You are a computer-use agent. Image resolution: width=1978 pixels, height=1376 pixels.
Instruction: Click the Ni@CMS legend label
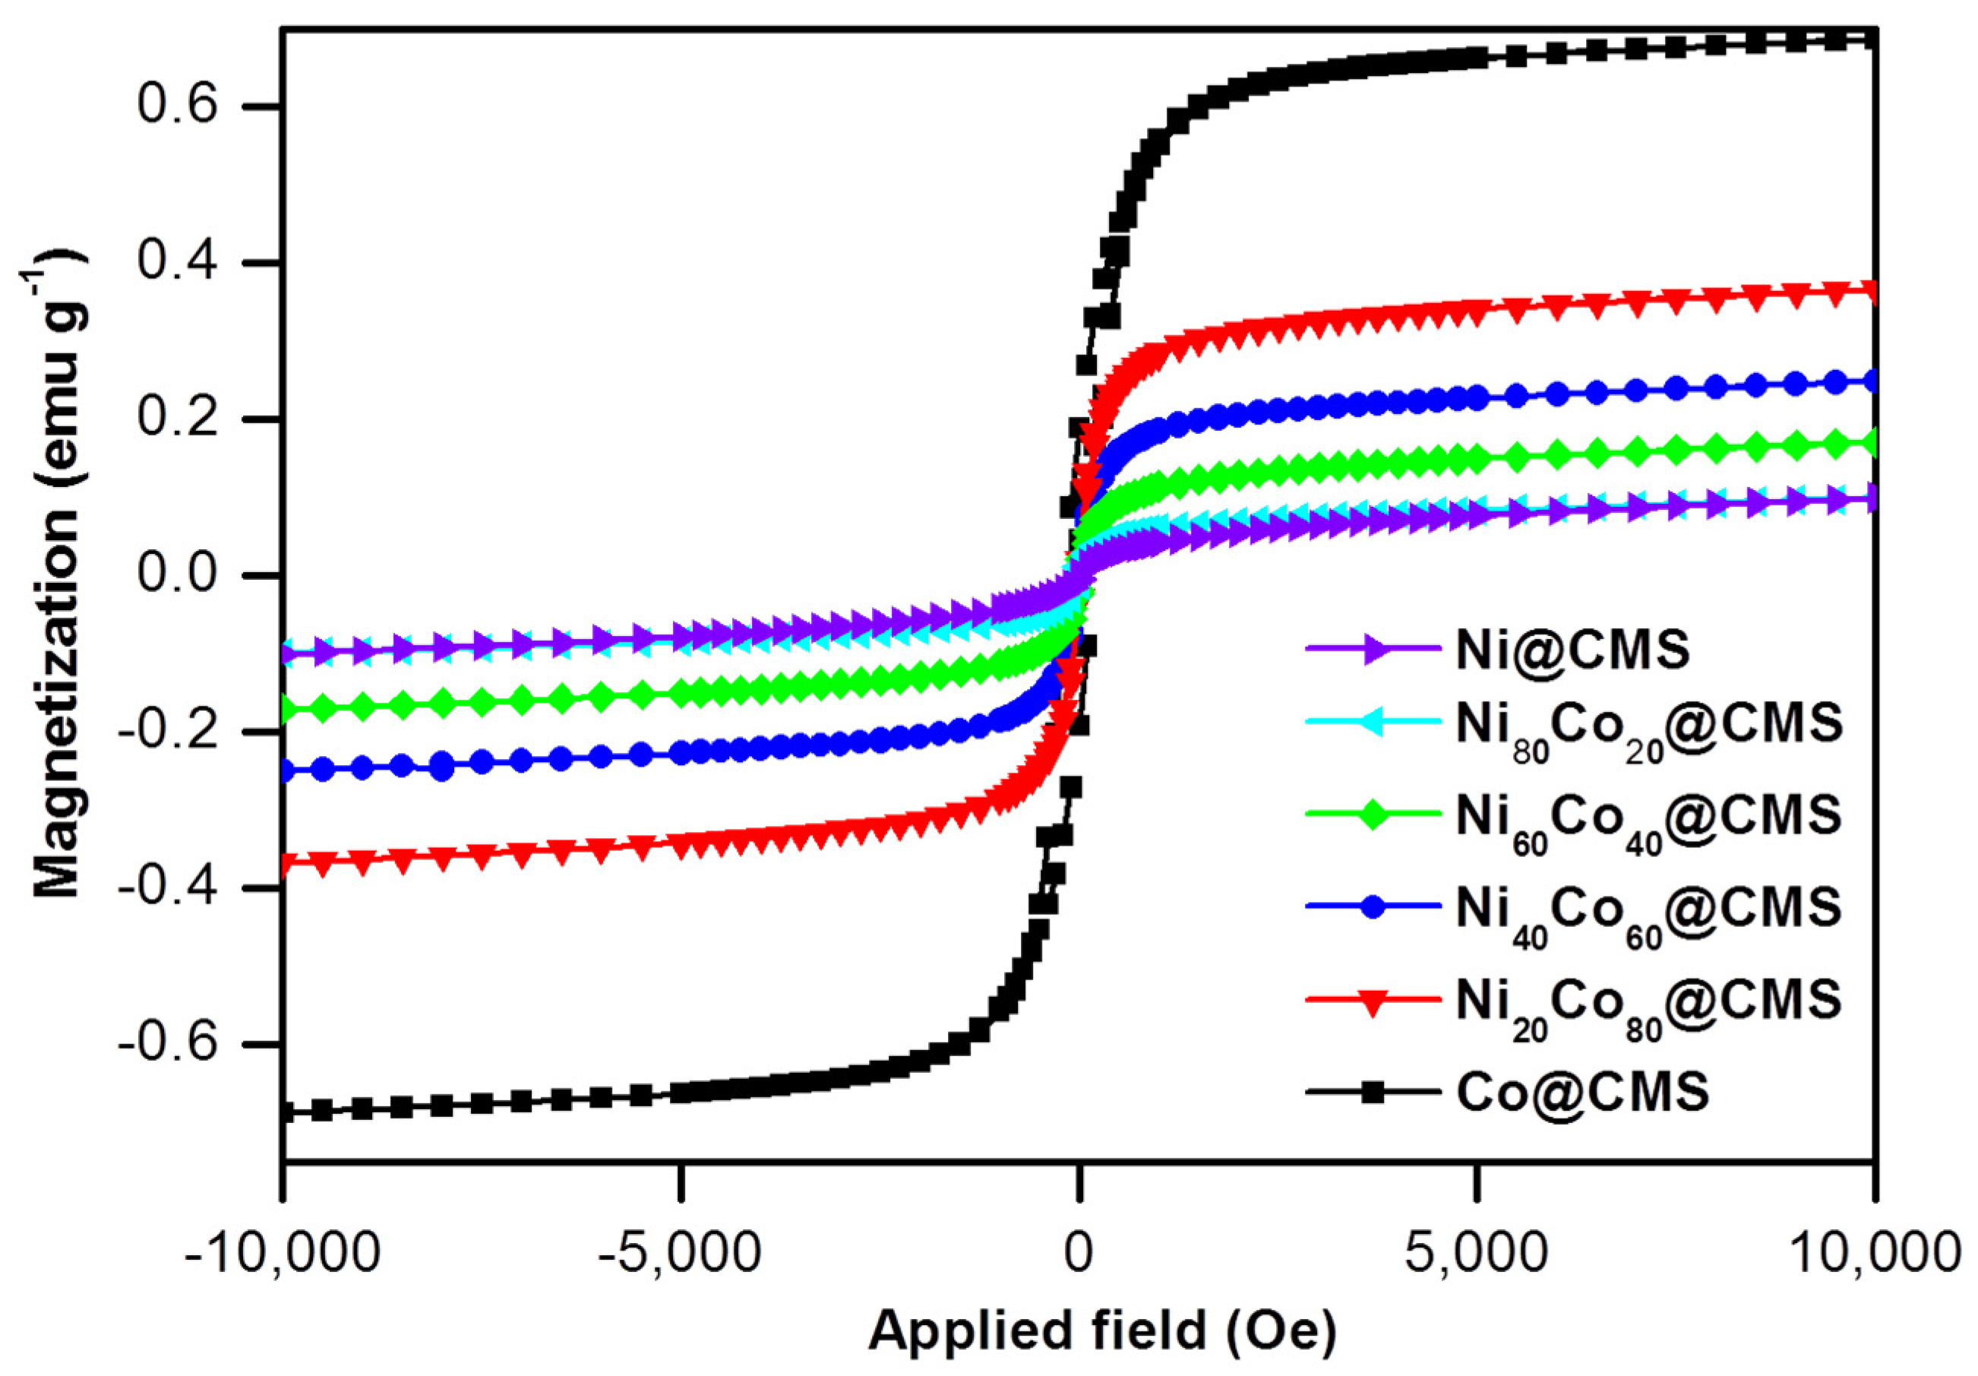tap(1573, 650)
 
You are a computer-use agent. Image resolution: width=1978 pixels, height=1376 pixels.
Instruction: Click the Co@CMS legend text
tap(1582, 1093)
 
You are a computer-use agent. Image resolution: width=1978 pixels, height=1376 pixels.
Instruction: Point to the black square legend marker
tap(1373, 1093)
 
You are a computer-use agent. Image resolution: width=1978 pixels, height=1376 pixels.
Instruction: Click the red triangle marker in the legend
tap(1373, 1002)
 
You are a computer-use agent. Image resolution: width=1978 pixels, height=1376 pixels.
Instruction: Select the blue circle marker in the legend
tap(1373, 907)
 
